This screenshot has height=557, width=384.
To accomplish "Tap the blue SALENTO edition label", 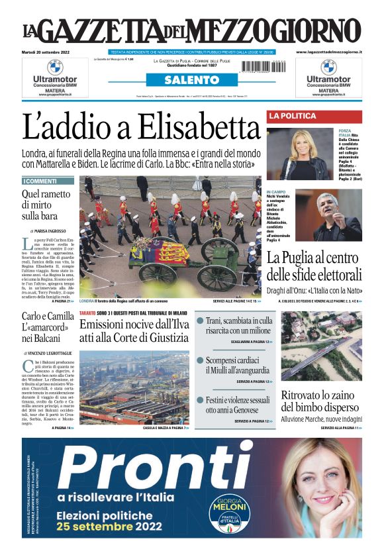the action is (191, 80).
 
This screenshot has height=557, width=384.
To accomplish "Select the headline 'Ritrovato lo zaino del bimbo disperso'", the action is (321, 401).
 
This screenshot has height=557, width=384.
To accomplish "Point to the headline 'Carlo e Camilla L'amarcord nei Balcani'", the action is (48, 329).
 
